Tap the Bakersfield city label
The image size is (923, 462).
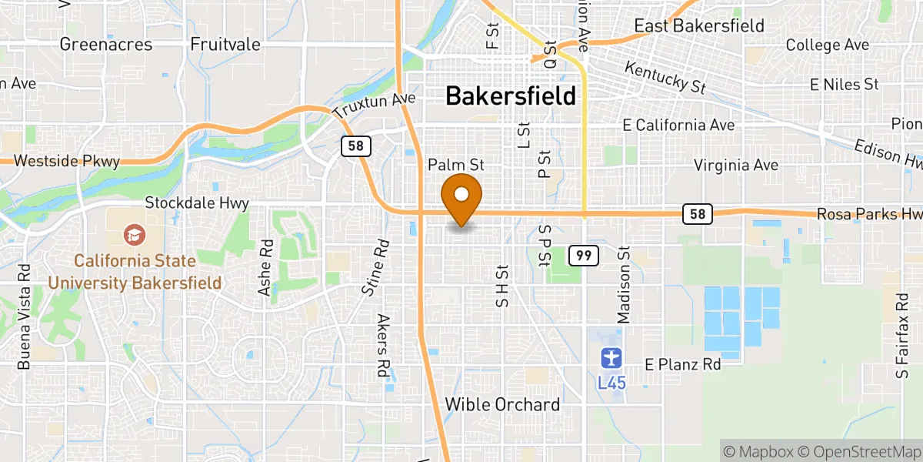tap(510, 96)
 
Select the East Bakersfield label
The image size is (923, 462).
tap(698, 25)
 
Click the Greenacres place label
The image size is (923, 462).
tap(106, 44)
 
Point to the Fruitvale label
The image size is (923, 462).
tap(225, 44)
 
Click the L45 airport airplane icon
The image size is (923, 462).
tap(611, 358)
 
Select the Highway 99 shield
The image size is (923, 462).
tap(584, 255)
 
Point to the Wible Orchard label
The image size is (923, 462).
tap(502, 404)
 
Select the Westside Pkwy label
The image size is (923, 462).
tap(67, 162)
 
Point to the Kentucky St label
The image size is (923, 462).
tap(665, 78)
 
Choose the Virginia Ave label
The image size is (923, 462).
tap(736, 165)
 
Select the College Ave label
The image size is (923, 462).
tap(828, 45)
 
